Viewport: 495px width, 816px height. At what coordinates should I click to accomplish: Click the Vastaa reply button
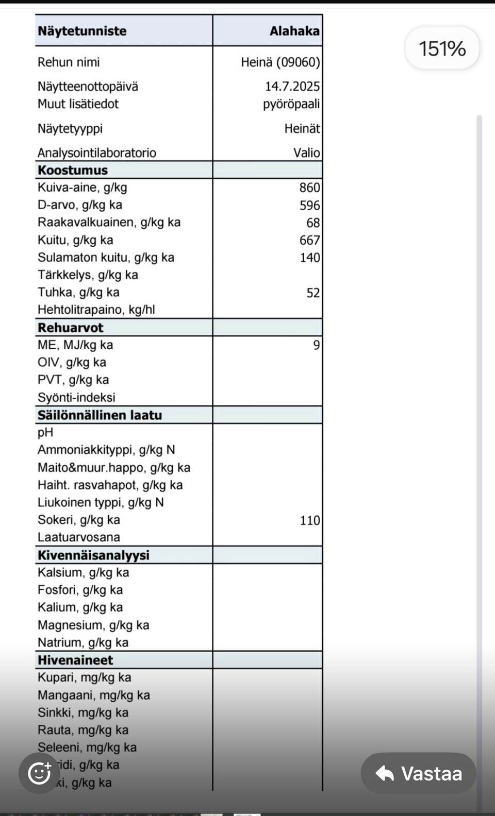(x=418, y=773)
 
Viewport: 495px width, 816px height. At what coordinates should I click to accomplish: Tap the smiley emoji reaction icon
(x=39, y=773)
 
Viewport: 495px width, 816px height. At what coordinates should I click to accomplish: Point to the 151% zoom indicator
(x=442, y=48)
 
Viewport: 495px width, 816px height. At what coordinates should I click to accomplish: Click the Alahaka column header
(x=294, y=31)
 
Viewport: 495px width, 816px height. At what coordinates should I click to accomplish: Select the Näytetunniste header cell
(x=82, y=31)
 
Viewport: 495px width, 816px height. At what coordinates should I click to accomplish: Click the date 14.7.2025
(x=292, y=86)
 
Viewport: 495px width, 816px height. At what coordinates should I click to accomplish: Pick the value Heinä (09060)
(x=280, y=62)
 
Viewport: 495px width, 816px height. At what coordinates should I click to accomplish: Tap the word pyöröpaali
(x=291, y=104)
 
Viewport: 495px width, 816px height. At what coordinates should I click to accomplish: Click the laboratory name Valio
(x=307, y=152)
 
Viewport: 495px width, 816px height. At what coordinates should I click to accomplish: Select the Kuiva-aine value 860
(x=310, y=188)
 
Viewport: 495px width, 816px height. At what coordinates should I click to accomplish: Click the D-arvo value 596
(x=310, y=205)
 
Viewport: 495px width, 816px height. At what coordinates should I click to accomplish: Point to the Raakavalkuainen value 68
(x=313, y=223)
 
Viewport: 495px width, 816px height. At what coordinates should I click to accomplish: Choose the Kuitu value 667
(x=310, y=240)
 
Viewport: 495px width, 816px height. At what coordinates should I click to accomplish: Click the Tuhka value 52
(x=313, y=293)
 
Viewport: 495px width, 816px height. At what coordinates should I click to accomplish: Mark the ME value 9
(x=317, y=345)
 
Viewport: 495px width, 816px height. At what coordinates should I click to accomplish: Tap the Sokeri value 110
(x=310, y=520)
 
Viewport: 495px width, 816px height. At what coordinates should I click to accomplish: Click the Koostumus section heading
(x=73, y=170)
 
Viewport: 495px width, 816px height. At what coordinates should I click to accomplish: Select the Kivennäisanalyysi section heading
(x=93, y=555)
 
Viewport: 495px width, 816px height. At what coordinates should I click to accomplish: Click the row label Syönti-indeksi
(x=76, y=397)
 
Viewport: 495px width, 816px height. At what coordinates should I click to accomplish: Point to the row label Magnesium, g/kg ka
(x=93, y=625)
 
